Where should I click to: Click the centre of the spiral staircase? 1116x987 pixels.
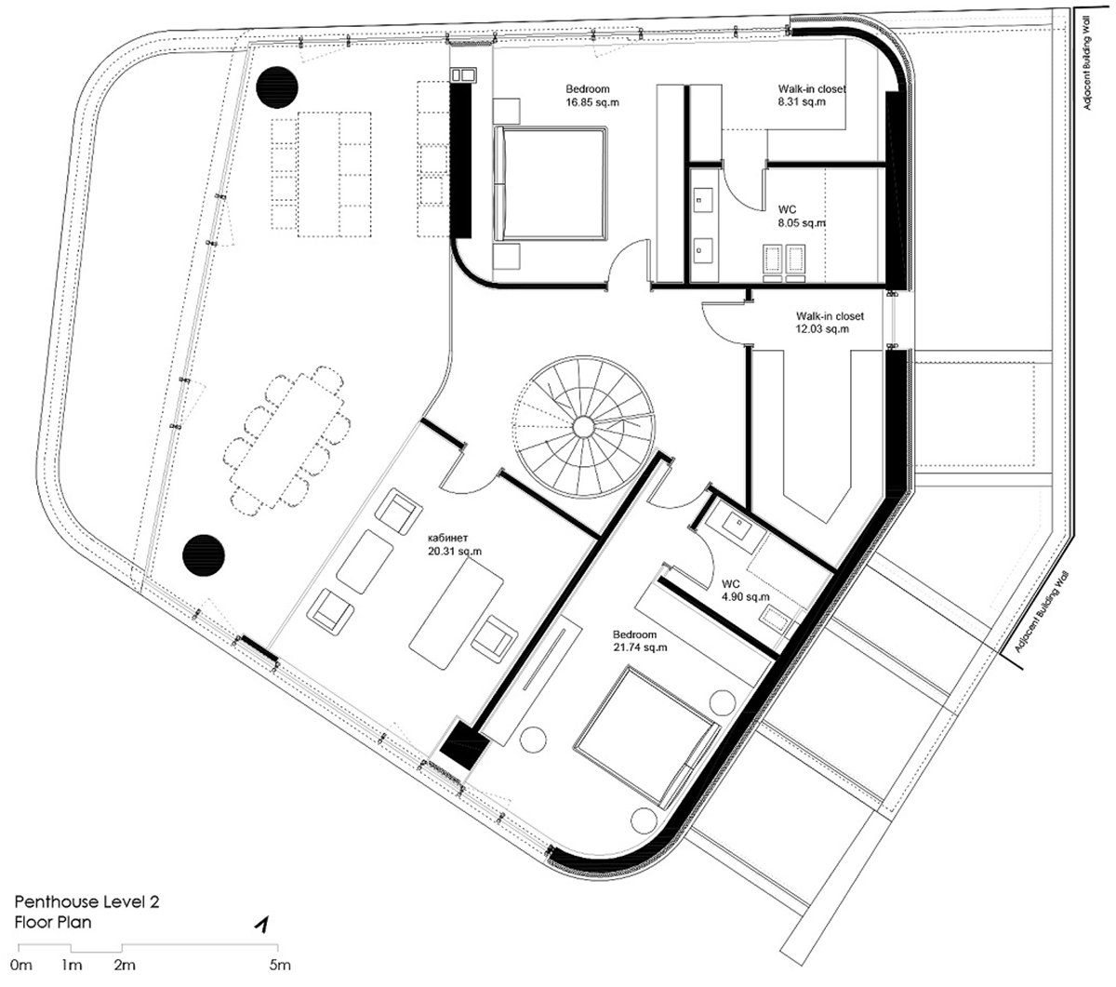coord(583,426)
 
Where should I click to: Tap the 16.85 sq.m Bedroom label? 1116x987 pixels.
coord(591,95)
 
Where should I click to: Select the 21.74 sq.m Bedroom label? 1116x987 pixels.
coord(640,641)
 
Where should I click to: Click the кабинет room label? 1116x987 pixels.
coord(454,543)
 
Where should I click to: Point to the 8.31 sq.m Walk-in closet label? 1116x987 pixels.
coord(811,95)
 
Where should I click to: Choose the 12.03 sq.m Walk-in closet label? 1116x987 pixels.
coord(830,323)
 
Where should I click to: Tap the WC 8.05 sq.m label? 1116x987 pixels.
coord(802,216)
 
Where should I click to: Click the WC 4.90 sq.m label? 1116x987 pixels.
coord(745,590)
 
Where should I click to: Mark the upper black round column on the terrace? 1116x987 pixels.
coord(277,87)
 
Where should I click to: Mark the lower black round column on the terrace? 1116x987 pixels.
coord(204,555)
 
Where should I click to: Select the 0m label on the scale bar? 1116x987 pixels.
coord(21,965)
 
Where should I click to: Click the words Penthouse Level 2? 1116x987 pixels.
coord(86,901)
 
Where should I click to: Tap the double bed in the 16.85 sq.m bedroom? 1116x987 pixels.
coord(551,183)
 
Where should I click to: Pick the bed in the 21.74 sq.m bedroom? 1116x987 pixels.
coord(646,735)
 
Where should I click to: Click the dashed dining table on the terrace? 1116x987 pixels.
coord(286,440)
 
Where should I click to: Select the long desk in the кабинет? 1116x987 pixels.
coord(456,613)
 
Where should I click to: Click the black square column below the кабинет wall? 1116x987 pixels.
coord(464,744)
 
